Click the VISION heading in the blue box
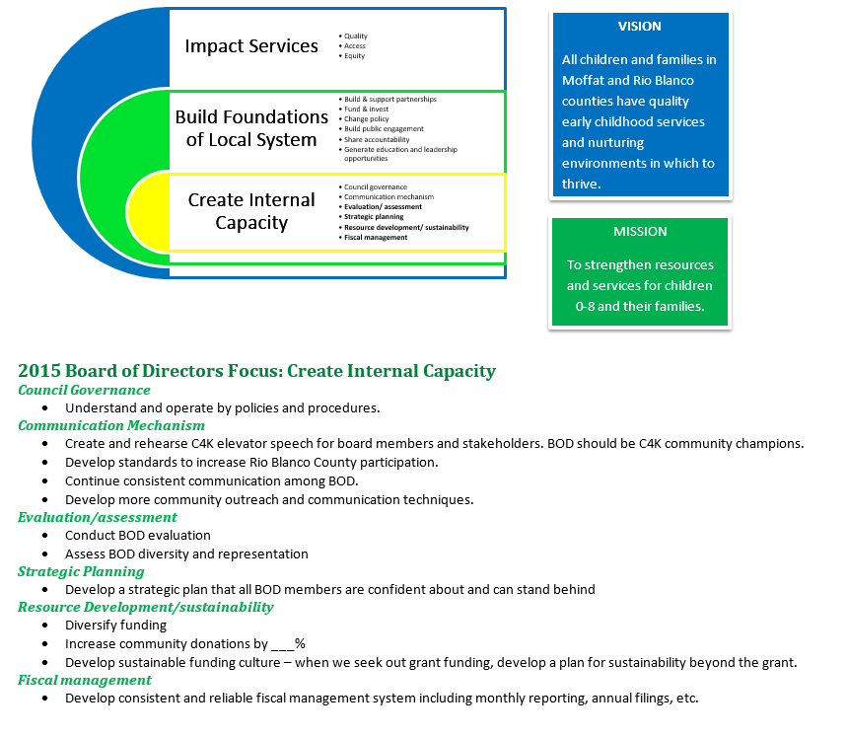(640, 27)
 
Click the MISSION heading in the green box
(640, 232)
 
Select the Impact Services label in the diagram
(251, 46)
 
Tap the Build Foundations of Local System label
(251, 128)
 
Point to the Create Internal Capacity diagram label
(251, 211)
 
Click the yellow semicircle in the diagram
(146, 212)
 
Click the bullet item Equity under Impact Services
(354, 56)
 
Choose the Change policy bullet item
(366, 119)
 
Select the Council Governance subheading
(84, 390)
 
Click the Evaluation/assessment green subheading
(98, 517)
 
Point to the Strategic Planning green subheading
(81, 571)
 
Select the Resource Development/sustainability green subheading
(145, 607)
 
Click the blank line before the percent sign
(282, 643)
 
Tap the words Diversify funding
(116, 625)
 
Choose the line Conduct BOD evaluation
(138, 536)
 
